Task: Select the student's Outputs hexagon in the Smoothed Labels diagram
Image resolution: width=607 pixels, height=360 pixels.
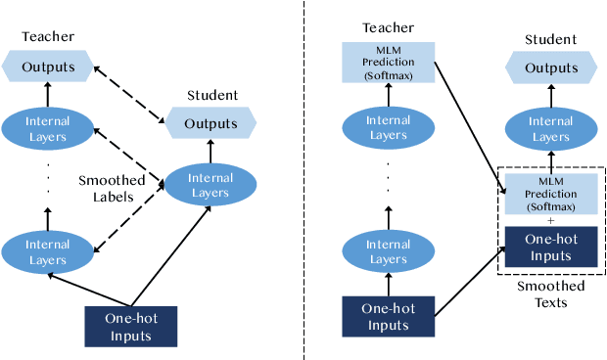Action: [x=210, y=123]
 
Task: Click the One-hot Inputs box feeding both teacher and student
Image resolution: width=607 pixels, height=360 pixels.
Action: [x=130, y=326]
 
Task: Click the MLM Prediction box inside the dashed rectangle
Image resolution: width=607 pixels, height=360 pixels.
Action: [x=550, y=195]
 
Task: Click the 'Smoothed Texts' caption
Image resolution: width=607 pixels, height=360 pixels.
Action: [x=550, y=294]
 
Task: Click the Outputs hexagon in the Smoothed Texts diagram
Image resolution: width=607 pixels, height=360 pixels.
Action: [x=551, y=68]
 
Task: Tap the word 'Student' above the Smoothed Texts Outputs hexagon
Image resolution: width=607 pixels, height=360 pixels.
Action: [x=551, y=39]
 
